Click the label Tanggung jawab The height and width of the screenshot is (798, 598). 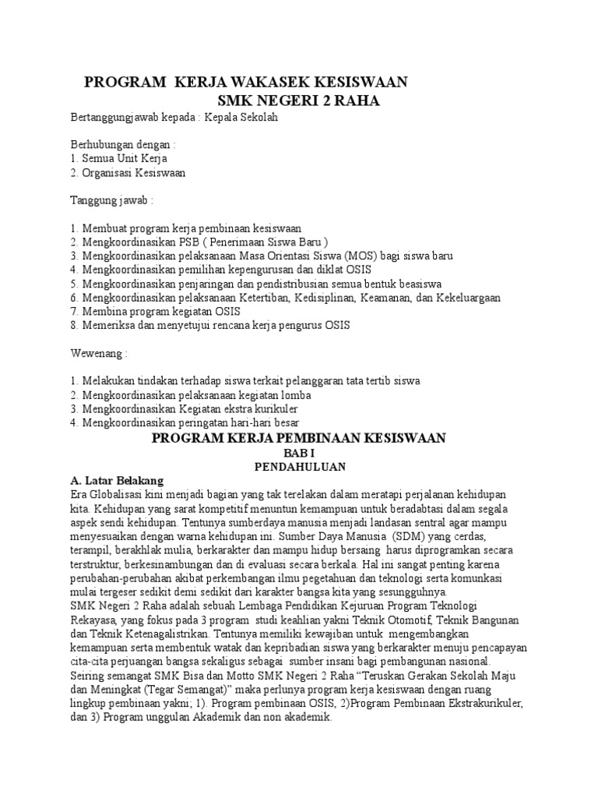112,200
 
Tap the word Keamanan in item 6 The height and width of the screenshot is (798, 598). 422,298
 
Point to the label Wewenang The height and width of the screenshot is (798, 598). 98,353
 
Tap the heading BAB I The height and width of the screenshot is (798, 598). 299,453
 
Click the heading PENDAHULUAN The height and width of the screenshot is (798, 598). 299,467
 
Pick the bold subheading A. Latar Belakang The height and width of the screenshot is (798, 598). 118,480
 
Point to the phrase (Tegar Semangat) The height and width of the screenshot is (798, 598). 173,690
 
